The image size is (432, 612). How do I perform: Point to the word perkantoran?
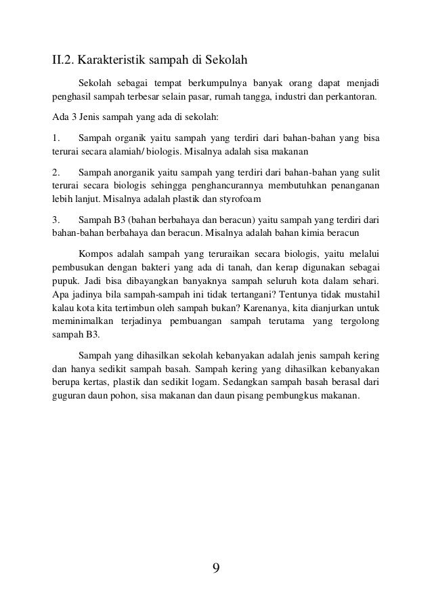pyautogui.click(x=352, y=96)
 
